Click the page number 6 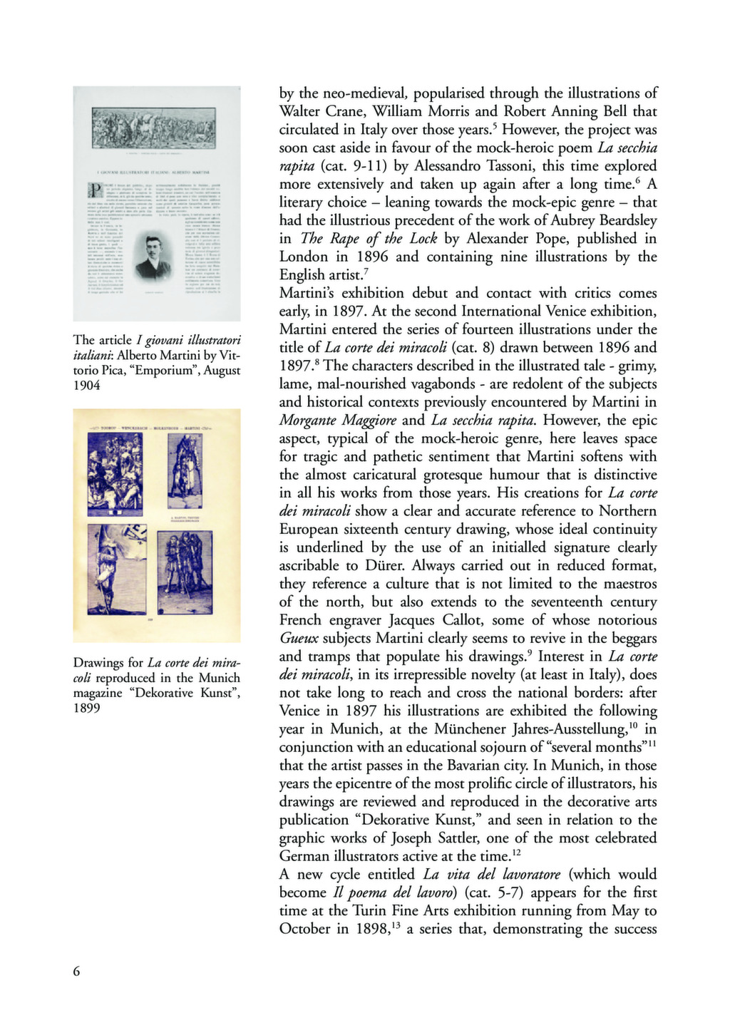77,971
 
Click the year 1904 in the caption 88,386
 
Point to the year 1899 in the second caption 88,708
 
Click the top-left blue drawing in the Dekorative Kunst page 115,474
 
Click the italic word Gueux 299,639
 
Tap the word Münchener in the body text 469,729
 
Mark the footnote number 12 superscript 518,853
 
